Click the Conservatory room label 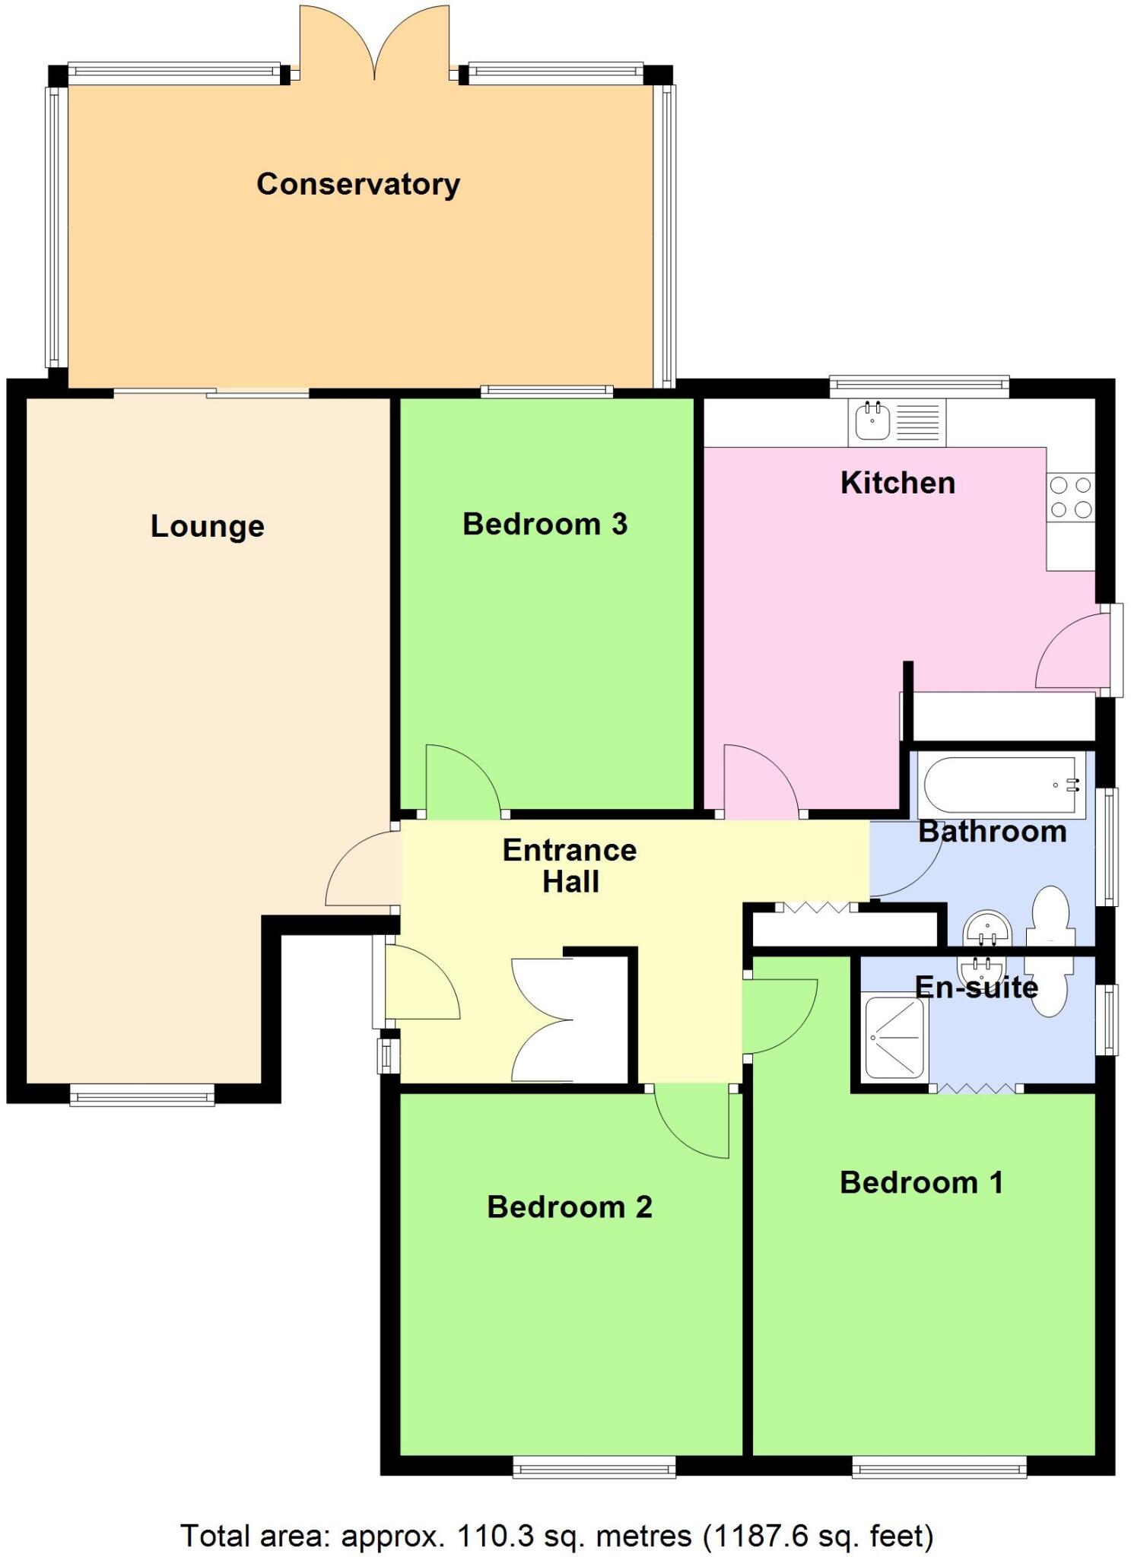coord(358,185)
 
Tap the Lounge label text coord(207,526)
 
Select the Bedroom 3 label coord(545,524)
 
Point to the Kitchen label coord(897,483)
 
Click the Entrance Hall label coord(570,866)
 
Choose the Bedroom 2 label coord(570,1207)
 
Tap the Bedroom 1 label coord(921,1182)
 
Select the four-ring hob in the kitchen coord(1071,497)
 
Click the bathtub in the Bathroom coord(1002,785)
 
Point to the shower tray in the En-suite coord(894,1038)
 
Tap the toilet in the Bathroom coord(1050,912)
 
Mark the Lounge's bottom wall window coord(142,1096)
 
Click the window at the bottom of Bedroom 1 coord(939,1467)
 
